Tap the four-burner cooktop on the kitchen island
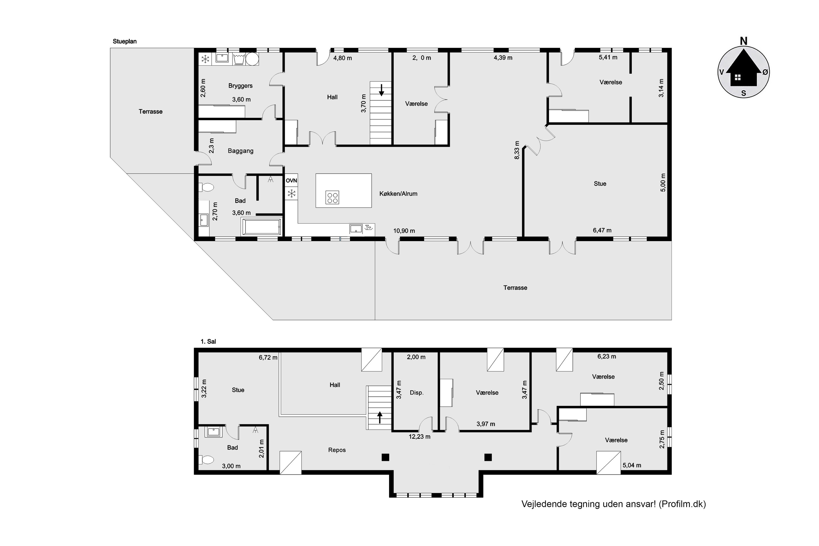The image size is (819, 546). [x=332, y=197]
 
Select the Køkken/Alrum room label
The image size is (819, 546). [x=398, y=194]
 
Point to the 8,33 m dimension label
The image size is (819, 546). [x=517, y=150]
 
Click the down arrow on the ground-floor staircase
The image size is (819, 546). [x=381, y=90]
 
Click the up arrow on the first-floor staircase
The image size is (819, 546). [x=379, y=417]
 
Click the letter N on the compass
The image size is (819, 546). [x=743, y=41]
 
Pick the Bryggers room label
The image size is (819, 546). [x=240, y=86]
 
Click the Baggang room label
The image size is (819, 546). [x=240, y=151]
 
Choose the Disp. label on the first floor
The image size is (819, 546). [x=417, y=393]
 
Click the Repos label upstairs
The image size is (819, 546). [x=337, y=450]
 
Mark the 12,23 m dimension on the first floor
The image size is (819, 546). [x=419, y=437]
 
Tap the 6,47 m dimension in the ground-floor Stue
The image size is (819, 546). [x=602, y=230]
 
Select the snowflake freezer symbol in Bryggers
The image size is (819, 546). [x=206, y=59]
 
